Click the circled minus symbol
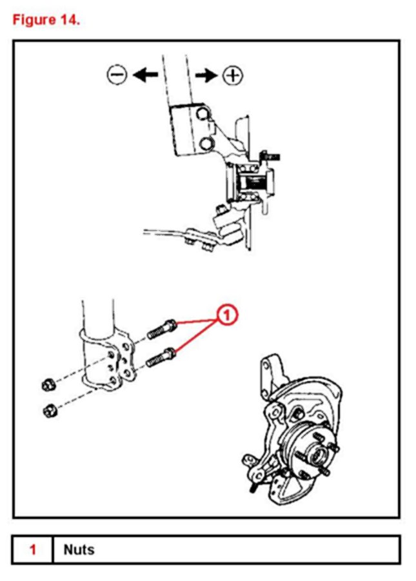point(117,75)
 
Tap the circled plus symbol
point(233,75)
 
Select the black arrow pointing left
point(145,75)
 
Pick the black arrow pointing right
point(206,75)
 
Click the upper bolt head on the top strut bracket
point(204,115)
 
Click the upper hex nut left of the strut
point(46,386)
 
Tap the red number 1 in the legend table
point(33,550)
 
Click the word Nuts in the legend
point(79,550)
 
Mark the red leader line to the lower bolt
point(197,335)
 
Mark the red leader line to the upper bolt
point(197,320)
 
